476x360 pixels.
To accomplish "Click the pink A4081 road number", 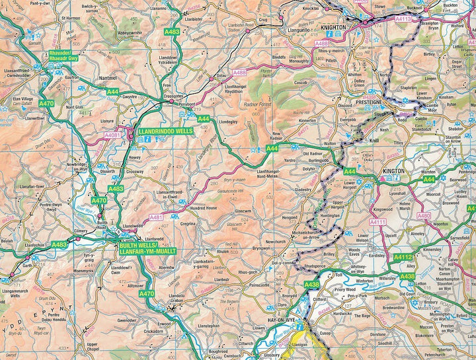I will coord(114,135).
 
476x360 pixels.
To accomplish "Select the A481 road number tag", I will coord(155,216).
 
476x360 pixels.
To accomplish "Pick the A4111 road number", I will coord(377,222).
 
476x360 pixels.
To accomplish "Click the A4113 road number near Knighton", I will coord(403,20).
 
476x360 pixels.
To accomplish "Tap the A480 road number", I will coord(424,215).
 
